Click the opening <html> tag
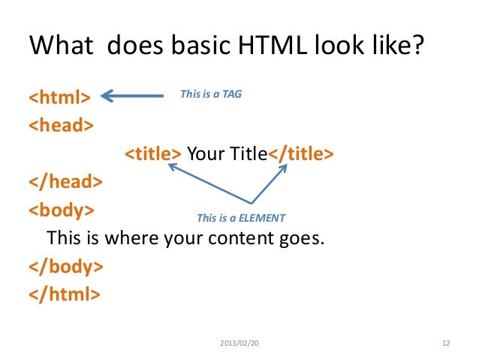click(x=59, y=97)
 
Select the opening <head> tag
click(x=62, y=126)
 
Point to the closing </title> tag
click(x=301, y=154)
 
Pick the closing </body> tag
click(x=65, y=266)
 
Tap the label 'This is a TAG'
click(x=211, y=95)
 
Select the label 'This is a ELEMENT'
click(x=240, y=218)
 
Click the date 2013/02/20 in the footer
click(x=239, y=343)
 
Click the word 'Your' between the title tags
click(x=200, y=154)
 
